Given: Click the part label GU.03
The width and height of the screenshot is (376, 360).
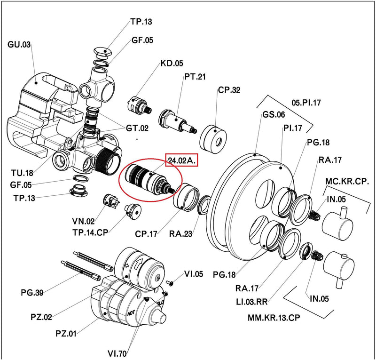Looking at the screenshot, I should pos(19,45).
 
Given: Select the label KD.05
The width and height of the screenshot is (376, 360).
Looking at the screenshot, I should pos(172,63).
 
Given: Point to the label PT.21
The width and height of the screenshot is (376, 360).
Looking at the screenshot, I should pos(194,76).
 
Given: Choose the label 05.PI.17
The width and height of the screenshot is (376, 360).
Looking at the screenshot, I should pos(306,102).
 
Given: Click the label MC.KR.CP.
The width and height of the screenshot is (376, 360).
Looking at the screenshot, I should pos(347,181).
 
